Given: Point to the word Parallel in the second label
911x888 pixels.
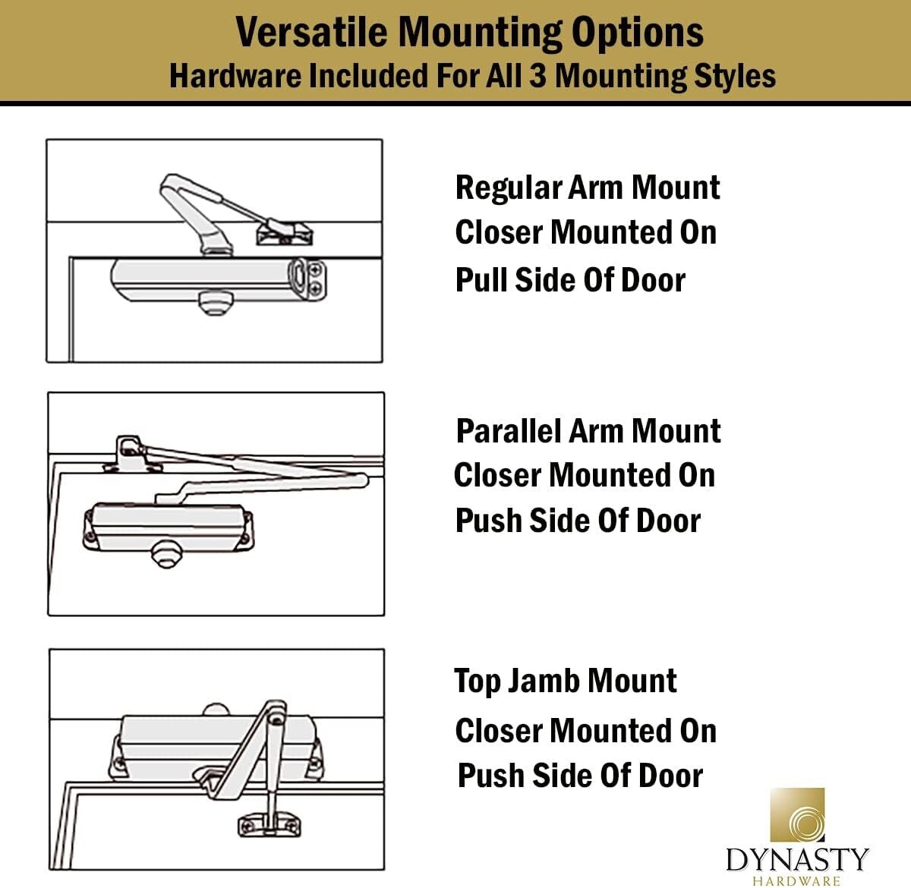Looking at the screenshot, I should pos(508,430).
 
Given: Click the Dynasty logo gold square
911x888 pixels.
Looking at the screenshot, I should pos(797,816).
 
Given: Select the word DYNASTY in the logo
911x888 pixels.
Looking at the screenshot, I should pos(797,860).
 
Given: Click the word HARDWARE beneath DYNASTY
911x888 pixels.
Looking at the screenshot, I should pos(797,880).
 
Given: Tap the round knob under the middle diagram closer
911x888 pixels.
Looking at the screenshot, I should pos(165,554).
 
